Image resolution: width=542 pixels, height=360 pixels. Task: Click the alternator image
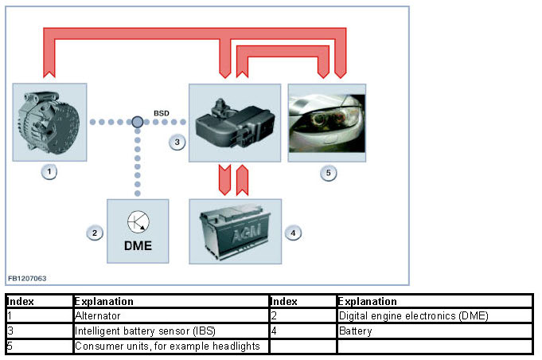(x=49, y=122)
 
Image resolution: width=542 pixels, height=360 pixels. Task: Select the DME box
(x=138, y=231)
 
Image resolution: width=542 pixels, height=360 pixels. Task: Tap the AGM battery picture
(x=236, y=231)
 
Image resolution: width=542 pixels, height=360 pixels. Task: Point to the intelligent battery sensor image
(x=235, y=123)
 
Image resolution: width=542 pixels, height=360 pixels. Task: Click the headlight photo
(x=327, y=123)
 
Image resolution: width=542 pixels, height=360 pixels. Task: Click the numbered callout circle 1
(x=49, y=172)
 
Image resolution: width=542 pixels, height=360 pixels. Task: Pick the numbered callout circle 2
(x=95, y=233)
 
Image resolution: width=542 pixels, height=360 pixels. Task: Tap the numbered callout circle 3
(x=177, y=142)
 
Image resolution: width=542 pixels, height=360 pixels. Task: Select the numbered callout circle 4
(x=293, y=233)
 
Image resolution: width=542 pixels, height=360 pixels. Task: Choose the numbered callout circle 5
(x=329, y=173)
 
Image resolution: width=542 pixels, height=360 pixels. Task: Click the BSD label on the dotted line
(x=162, y=113)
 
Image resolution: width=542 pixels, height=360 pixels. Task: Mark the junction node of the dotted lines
(x=138, y=122)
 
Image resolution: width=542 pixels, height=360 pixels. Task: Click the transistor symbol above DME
(x=138, y=222)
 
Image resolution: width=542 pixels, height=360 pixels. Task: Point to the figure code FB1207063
(x=27, y=279)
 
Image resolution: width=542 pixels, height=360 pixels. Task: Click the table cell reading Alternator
(x=98, y=315)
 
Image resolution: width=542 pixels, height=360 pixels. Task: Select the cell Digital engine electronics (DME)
(x=413, y=315)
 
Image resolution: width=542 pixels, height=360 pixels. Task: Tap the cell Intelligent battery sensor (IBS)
(x=145, y=331)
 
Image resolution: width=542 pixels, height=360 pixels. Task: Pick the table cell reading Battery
(x=355, y=331)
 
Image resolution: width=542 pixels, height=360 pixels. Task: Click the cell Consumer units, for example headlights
(x=167, y=346)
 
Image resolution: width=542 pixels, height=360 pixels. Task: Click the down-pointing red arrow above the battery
(x=224, y=180)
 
